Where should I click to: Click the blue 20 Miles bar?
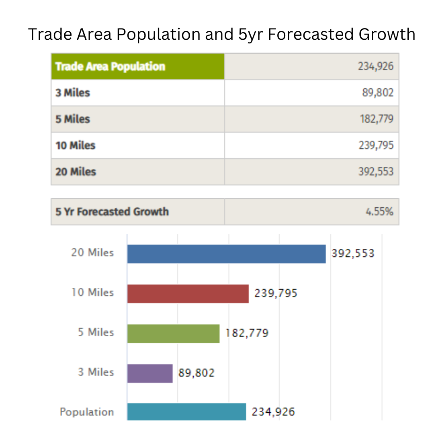tap(226, 254)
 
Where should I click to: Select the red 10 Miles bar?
tap(188, 294)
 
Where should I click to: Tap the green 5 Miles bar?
tap(173, 334)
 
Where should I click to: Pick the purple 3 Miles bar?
tap(150, 373)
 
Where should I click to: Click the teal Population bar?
tap(186, 412)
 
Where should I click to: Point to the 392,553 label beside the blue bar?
tap(353, 254)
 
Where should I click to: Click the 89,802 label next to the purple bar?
tap(197, 373)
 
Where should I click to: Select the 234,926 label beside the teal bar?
tap(273, 412)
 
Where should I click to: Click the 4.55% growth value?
tap(379, 212)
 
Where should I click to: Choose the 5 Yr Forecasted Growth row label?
tap(112, 212)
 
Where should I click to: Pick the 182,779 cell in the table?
tap(377, 119)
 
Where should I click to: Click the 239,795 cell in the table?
tap(376, 145)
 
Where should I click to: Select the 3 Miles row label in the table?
tap(73, 93)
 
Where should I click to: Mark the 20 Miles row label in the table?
tap(76, 172)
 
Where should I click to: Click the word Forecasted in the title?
tap(311, 35)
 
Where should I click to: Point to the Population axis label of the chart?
tap(87, 412)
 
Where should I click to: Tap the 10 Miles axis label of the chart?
tap(92, 293)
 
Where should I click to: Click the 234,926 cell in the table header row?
tap(376, 66)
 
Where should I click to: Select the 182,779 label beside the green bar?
tap(247, 333)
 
